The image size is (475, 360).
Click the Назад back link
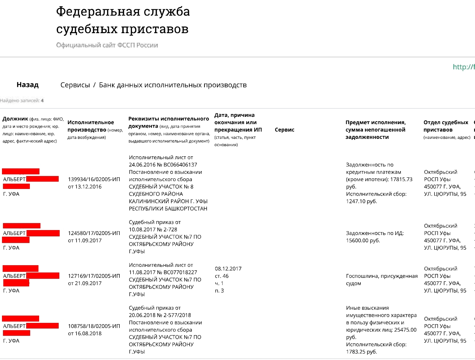pyautogui.click(x=28, y=85)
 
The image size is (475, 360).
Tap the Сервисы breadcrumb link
pyautogui.click(x=75, y=85)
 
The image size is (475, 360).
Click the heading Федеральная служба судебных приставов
pyautogui.click(x=123, y=20)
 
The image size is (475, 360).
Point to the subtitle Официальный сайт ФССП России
pyautogui.click(x=107, y=45)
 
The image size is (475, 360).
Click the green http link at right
pyautogui.click(x=463, y=67)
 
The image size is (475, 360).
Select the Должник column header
pyautogui.click(x=15, y=119)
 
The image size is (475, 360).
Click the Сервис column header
pyautogui.click(x=284, y=130)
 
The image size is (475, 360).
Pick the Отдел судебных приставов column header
pyautogui.click(x=445, y=126)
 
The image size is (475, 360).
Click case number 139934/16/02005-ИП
pyautogui.click(x=94, y=179)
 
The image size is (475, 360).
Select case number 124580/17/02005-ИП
pyautogui.click(x=94, y=233)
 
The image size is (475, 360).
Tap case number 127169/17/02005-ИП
pyautogui.click(x=94, y=276)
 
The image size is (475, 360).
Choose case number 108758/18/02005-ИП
pyautogui.click(x=94, y=326)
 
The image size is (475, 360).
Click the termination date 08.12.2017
pyautogui.click(x=228, y=269)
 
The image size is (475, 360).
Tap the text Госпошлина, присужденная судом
pyautogui.click(x=382, y=279)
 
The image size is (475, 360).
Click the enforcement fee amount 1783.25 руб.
pyautogui.click(x=361, y=352)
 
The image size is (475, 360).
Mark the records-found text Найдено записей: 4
pyautogui.click(x=22, y=100)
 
